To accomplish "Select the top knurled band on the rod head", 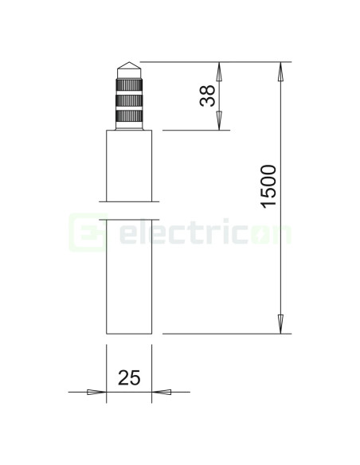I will click(128, 84).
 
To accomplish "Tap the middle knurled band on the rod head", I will click(128, 101).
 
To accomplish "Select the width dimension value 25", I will click(129, 377).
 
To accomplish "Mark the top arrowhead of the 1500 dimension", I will click(280, 71).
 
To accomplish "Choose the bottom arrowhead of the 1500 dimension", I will click(280, 324).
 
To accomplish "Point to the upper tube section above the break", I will click(128, 165).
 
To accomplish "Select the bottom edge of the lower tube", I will click(128, 333).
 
